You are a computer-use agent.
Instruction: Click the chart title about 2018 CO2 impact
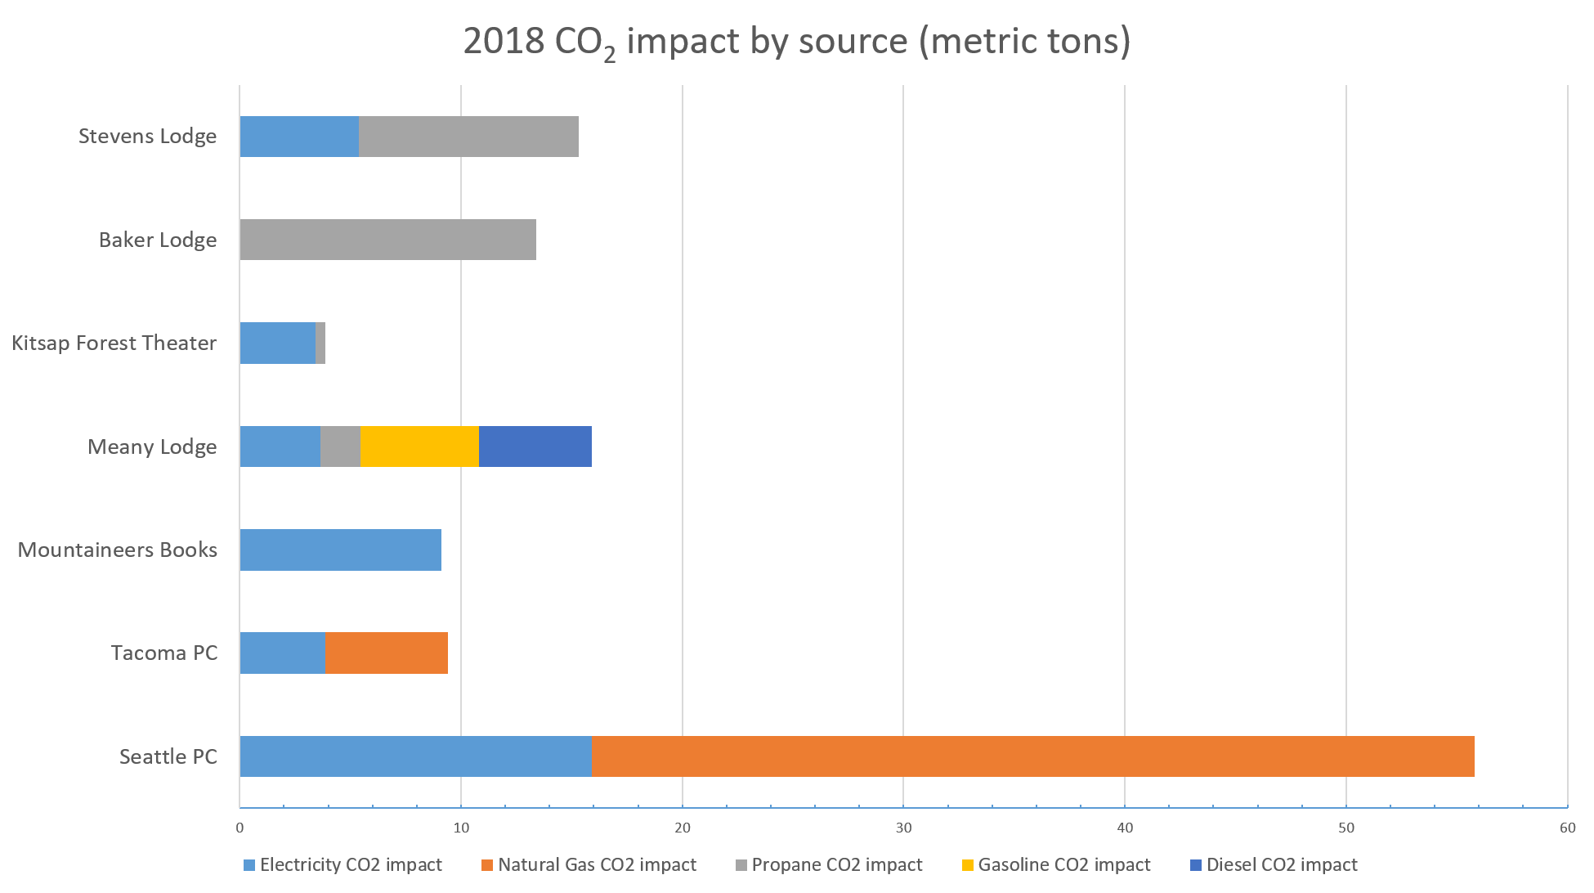point(796,42)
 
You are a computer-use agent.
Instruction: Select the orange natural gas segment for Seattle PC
point(1032,756)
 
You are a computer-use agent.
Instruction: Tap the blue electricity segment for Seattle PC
point(415,756)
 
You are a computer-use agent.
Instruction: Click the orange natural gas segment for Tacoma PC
point(386,653)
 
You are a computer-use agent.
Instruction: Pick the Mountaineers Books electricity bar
point(340,550)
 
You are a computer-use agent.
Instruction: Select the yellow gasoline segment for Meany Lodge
point(419,446)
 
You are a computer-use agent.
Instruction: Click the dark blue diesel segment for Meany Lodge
point(535,446)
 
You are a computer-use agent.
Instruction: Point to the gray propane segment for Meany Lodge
point(340,446)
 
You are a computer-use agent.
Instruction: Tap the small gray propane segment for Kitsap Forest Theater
point(320,343)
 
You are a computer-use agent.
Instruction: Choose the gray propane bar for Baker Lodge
point(387,240)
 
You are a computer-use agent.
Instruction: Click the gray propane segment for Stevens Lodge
point(468,137)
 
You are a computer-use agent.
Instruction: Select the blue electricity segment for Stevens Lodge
point(299,137)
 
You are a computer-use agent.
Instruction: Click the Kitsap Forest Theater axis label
point(114,343)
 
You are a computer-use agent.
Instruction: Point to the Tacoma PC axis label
point(164,653)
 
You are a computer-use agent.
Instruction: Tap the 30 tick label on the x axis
point(903,828)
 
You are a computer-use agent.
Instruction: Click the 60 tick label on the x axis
point(1567,828)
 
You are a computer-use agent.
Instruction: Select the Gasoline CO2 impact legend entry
point(1056,864)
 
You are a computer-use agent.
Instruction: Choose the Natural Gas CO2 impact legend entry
point(589,864)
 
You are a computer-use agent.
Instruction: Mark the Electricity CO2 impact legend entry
point(343,864)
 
